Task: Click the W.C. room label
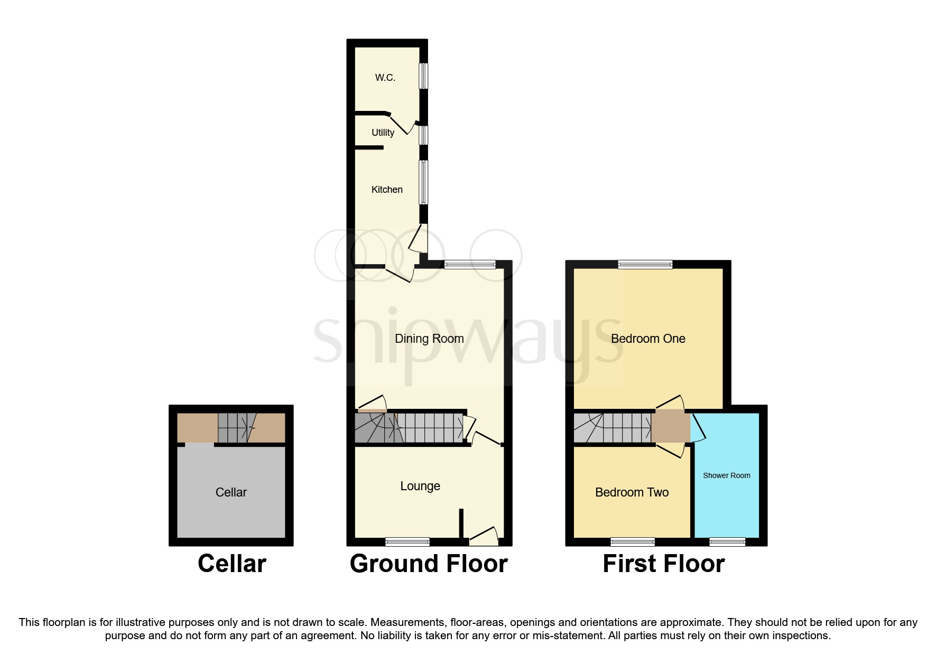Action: (x=385, y=78)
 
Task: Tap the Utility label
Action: (x=383, y=133)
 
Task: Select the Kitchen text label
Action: (x=387, y=190)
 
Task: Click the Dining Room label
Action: (x=429, y=339)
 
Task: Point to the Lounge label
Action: (x=420, y=486)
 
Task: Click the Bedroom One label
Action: (x=648, y=339)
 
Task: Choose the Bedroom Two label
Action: (x=632, y=492)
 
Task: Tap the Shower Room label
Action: (x=726, y=475)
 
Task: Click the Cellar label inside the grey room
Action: (x=231, y=492)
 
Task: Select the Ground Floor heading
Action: (x=429, y=564)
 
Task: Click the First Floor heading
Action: (x=663, y=564)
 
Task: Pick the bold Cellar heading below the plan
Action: (x=231, y=564)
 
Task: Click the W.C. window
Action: (x=423, y=77)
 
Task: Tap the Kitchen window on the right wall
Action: (x=423, y=182)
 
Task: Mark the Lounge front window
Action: (x=407, y=541)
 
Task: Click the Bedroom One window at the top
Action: (x=645, y=265)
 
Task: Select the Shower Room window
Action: (x=727, y=541)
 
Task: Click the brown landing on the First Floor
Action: (x=670, y=427)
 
